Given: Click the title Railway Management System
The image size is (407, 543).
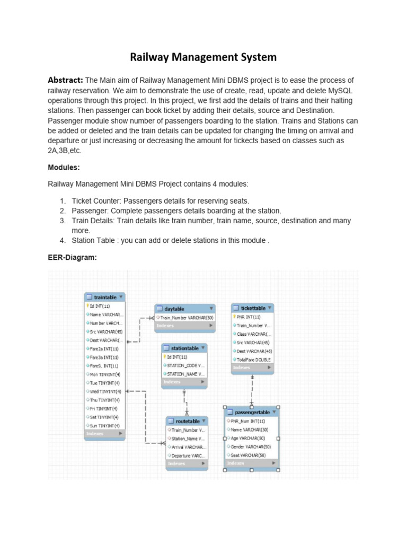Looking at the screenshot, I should pyautogui.click(x=203, y=57).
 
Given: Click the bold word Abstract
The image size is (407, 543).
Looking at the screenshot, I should pyautogui.click(x=65, y=80).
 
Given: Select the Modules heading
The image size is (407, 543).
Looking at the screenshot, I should pyautogui.click(x=64, y=167).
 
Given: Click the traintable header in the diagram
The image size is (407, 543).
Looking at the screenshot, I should pyautogui.click(x=105, y=297).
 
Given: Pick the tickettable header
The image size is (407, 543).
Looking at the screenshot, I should pyautogui.click(x=253, y=308).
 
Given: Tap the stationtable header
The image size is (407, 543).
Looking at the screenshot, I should pyautogui.click(x=184, y=348).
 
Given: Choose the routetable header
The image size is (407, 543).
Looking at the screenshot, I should pyautogui.click(x=187, y=421).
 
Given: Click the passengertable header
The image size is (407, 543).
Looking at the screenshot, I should pyautogui.click(x=252, y=412).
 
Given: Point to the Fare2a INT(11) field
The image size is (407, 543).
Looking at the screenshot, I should pyautogui.click(x=103, y=349).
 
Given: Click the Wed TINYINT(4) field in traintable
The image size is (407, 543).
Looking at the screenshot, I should pyautogui.click(x=104, y=391).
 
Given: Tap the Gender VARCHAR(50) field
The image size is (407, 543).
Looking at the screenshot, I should pyautogui.click(x=250, y=447).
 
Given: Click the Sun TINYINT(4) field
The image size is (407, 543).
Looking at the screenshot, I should pyautogui.click(x=104, y=425).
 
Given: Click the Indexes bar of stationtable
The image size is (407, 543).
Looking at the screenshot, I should pyautogui.click(x=184, y=382).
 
